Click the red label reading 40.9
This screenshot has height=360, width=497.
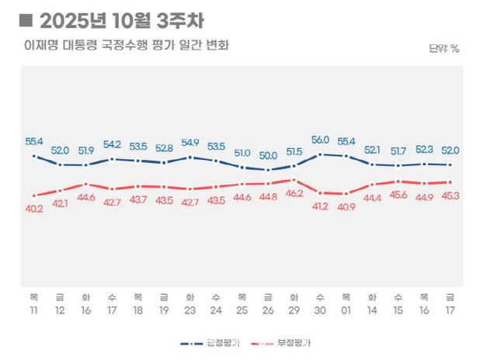click(346, 206)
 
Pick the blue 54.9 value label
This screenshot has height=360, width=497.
click(189, 143)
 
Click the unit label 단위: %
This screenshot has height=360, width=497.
click(444, 48)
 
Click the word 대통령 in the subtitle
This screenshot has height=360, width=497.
click(93, 45)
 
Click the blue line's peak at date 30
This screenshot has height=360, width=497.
click(319, 154)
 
